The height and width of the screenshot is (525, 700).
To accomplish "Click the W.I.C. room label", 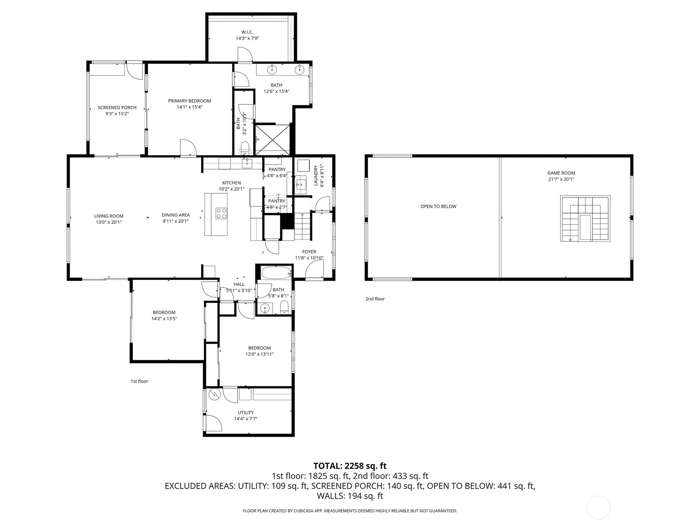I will click(247, 32).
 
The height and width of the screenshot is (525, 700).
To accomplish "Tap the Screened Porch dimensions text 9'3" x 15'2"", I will click(117, 114).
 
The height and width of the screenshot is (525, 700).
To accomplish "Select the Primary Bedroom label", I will click(189, 101).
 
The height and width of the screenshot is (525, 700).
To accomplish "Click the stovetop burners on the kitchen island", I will click(221, 213).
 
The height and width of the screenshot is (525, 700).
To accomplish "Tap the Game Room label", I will click(561, 173).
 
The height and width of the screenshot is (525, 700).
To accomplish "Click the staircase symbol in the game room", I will click(585, 219).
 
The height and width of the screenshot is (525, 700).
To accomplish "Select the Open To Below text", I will click(438, 206).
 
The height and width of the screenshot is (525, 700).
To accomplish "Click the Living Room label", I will click(108, 216).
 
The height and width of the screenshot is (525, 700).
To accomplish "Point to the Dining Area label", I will click(175, 215).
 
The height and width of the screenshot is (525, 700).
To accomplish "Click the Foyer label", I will click(309, 252).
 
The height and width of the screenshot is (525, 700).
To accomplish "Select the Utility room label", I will click(245, 413).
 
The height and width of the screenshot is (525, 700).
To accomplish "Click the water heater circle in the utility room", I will click(214, 395).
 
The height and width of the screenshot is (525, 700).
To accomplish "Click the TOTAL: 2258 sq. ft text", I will click(350, 466).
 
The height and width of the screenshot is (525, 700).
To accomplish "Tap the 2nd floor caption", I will click(375, 299).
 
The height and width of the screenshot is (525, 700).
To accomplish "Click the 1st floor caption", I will click(139, 381).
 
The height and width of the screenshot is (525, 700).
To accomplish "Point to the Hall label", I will click(239, 284).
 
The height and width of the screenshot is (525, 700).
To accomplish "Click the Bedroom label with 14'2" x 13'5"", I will click(164, 312).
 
